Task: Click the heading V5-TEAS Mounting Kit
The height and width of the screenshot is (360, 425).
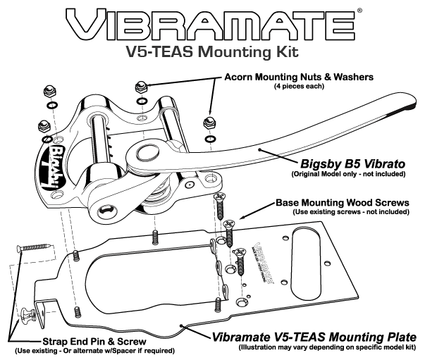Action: point(211,52)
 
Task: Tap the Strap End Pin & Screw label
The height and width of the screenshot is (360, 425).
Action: point(84,340)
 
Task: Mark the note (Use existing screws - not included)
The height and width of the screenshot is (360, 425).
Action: point(345,212)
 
